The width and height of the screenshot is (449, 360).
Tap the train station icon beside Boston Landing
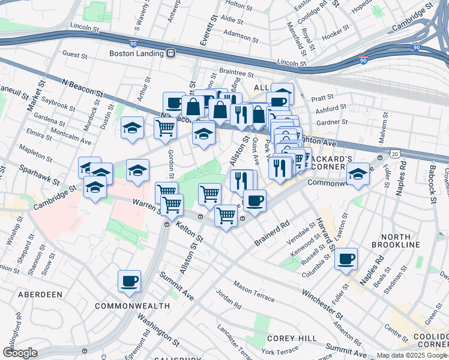pyautogui.click(x=171, y=53)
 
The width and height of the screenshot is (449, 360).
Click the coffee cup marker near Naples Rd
pyautogui.click(x=346, y=260)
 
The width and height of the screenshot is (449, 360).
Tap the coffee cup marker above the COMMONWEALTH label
pyautogui.click(x=129, y=281)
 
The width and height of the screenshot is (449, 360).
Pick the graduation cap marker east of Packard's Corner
pyautogui.click(x=358, y=175)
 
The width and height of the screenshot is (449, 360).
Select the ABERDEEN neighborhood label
pyautogui.click(x=40, y=295)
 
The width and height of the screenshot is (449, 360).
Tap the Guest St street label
pyautogui.click(x=75, y=55)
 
